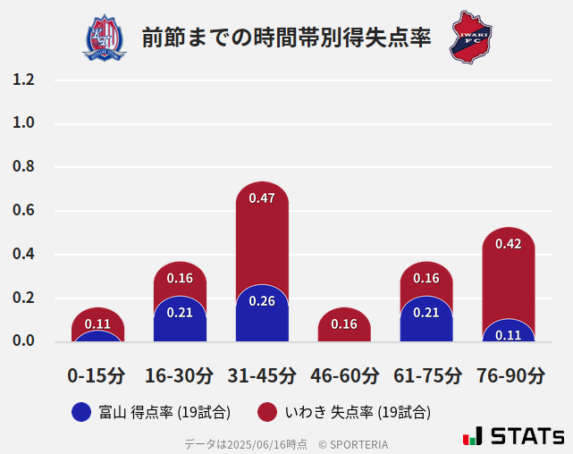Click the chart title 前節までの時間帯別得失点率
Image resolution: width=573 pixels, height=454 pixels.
pyautogui.click(x=286, y=38)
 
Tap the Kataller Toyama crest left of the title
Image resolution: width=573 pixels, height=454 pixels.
pyautogui.click(x=105, y=38)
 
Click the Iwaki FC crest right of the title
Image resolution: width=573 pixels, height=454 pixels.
pyautogui.click(x=470, y=38)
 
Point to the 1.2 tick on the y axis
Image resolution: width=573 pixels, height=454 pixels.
pyautogui.click(x=23, y=80)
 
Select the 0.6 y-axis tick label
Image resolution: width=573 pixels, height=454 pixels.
pyautogui.click(x=23, y=211)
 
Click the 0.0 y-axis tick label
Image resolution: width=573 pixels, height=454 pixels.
pyautogui.click(x=23, y=341)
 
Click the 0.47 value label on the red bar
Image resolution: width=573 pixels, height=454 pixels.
pyautogui.click(x=262, y=198)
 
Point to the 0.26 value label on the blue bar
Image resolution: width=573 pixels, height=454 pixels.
pyautogui.click(x=262, y=301)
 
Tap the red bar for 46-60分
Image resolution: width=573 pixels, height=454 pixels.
pyautogui.click(x=344, y=325)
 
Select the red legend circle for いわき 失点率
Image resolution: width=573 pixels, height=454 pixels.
pyautogui.click(x=266, y=412)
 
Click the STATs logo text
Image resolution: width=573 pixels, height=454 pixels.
pyautogui.click(x=527, y=437)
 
